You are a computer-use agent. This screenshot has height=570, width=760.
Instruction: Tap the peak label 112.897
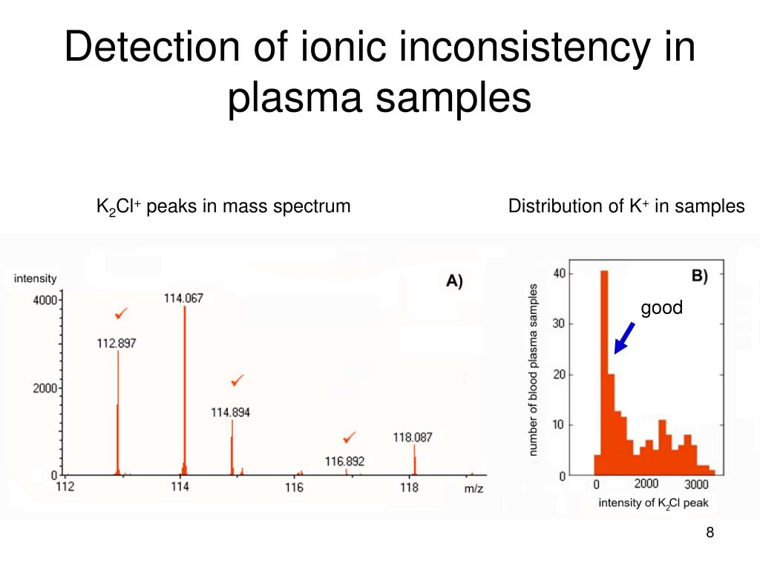click(x=117, y=343)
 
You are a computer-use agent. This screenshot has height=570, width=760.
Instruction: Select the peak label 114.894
click(x=231, y=413)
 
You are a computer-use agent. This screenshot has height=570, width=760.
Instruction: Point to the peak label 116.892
click(x=344, y=462)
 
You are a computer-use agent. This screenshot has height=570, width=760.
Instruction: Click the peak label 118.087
click(x=413, y=438)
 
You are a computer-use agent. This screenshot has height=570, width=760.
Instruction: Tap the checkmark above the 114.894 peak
click(x=237, y=380)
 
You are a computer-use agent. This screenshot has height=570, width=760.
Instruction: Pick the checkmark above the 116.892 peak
click(x=348, y=436)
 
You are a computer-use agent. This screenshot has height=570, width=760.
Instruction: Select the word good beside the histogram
click(x=661, y=307)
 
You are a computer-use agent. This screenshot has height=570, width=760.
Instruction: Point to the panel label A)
click(x=453, y=281)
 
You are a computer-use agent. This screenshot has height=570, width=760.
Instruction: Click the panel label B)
click(x=700, y=276)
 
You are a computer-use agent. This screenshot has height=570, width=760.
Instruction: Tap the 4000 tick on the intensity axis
click(x=44, y=300)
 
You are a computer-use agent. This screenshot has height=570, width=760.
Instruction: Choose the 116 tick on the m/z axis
click(x=294, y=488)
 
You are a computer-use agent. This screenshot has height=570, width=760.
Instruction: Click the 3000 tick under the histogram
click(x=697, y=485)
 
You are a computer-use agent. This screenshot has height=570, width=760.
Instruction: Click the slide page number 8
click(x=710, y=532)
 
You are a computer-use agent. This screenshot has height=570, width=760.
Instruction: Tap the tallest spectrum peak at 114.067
click(x=184, y=386)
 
